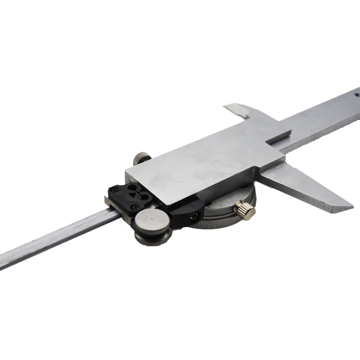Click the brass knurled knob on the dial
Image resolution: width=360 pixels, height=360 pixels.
246,211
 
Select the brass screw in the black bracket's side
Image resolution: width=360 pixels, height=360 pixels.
194,216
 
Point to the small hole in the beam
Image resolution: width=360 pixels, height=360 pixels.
357,95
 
